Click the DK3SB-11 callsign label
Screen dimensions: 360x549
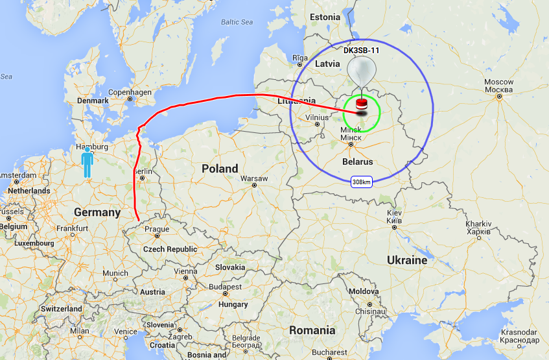(360, 49)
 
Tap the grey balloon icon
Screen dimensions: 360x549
(361, 70)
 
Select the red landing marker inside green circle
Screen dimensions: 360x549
(361, 105)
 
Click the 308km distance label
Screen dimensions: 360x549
(361, 182)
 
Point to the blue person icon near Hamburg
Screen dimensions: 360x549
(87, 162)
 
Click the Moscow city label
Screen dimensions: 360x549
(499, 86)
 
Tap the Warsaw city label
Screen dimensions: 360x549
(254, 178)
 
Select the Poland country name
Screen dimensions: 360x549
(220, 169)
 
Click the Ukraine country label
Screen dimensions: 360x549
(407, 260)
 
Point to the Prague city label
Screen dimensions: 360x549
(158, 230)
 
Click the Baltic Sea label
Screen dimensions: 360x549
(236, 22)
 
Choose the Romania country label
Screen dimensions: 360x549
(312, 330)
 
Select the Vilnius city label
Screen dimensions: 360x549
(317, 117)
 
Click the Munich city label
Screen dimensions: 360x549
(115, 273)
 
